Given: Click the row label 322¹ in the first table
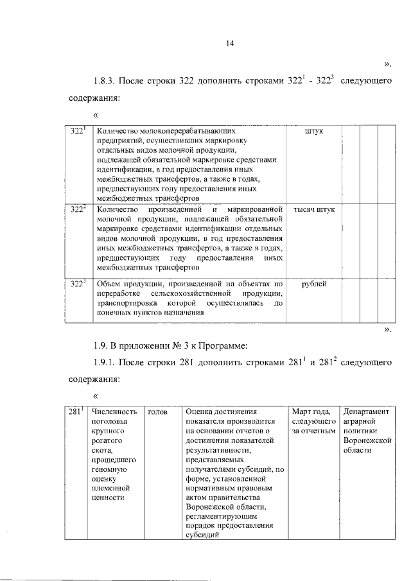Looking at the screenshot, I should coord(78,131).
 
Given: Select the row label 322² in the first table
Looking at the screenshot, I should coord(78,210).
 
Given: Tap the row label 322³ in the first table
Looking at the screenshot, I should coord(78,282).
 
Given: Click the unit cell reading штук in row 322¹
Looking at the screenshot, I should coord(313,131).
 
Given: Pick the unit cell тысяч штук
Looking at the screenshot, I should coord(313,210).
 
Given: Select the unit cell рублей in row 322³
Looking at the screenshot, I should coord(313,282).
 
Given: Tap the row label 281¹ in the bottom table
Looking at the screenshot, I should coord(77,412).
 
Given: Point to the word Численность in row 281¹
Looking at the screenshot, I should coord(115,412).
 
